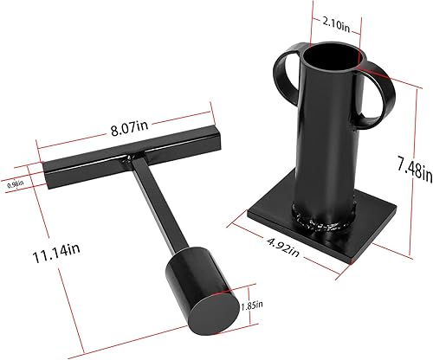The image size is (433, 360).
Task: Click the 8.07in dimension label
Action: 129,129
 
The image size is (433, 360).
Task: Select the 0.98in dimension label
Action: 16,184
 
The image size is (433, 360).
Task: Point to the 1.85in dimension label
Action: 252,305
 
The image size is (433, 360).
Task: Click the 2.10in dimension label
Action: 336,25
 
